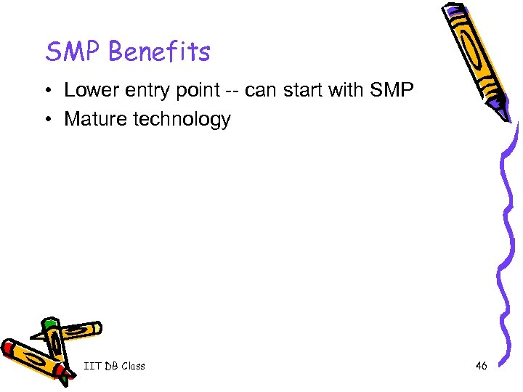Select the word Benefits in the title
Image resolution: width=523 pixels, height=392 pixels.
pyautogui.click(x=161, y=52)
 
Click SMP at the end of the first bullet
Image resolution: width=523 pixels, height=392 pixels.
pyautogui.click(x=392, y=91)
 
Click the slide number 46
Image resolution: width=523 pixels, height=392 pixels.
pyautogui.click(x=481, y=366)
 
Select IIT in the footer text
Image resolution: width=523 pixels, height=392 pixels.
pyautogui.click(x=92, y=366)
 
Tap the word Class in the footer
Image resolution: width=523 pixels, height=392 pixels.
pyautogui.click(x=134, y=366)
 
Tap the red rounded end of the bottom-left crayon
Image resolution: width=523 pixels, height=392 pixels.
pyautogui.click(x=9, y=348)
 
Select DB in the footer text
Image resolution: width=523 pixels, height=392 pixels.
pyautogui.click(x=111, y=366)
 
